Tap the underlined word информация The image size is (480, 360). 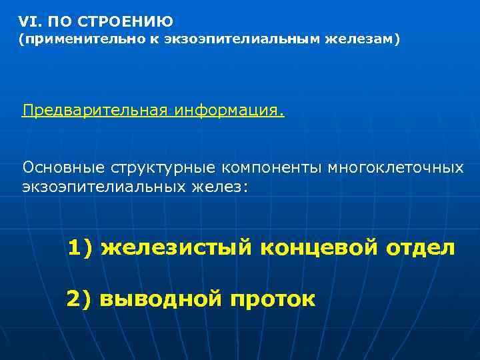tap(229, 110)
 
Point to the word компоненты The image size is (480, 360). tap(274, 167)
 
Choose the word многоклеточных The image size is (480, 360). tap(395, 167)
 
